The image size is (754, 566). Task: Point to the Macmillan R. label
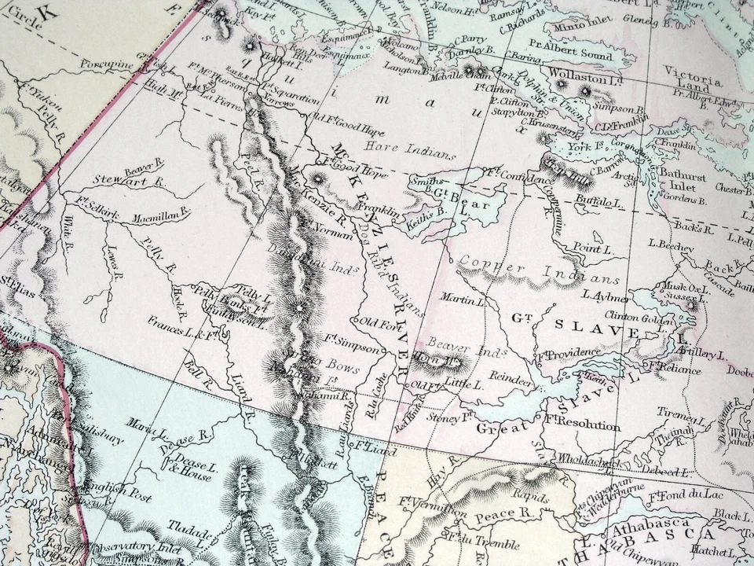(161, 211)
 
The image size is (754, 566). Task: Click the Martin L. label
(463, 300)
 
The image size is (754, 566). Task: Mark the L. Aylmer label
(605, 296)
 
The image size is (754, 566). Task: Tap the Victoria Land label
(688, 75)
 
